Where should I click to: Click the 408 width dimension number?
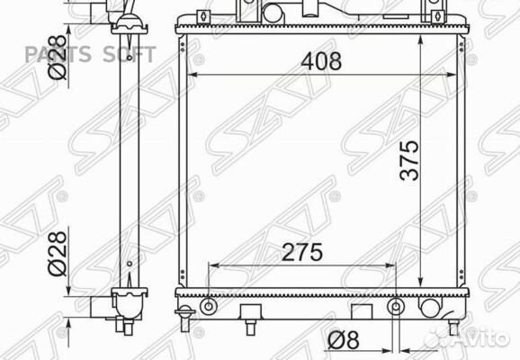tap(321, 61)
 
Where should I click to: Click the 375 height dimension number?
tap(409, 160)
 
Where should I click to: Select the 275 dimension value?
tap(301, 252)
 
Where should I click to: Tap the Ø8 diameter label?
tap(344, 340)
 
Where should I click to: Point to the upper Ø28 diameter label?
tap(58, 57)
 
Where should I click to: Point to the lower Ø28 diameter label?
tap(58, 254)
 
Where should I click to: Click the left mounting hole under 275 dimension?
tap(208, 306)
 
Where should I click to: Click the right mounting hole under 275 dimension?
tap(396, 306)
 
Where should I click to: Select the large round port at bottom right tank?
tap(430, 307)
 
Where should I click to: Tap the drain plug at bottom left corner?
tap(184, 318)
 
